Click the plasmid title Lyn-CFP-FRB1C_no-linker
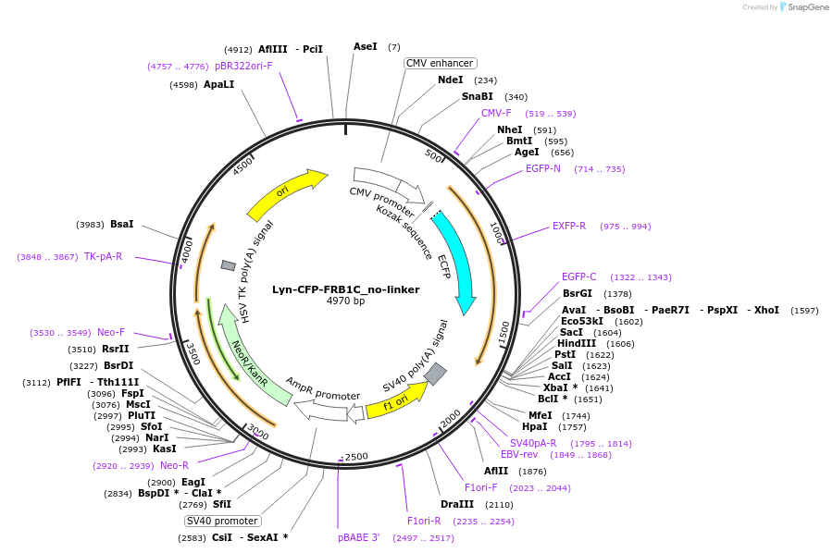click(x=345, y=289)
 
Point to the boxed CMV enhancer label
click(x=440, y=63)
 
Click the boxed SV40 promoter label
click(x=222, y=521)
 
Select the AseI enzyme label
click(x=366, y=46)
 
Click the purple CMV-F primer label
click(x=496, y=113)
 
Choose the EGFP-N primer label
click(x=543, y=168)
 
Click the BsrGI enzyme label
click(x=578, y=293)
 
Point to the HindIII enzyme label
click(x=577, y=343)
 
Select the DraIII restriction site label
click(x=457, y=504)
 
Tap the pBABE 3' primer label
click(x=358, y=537)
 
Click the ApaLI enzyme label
click(x=219, y=84)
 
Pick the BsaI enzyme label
click(x=121, y=224)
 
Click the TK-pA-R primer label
click(x=103, y=256)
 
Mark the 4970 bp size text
click(x=345, y=301)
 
